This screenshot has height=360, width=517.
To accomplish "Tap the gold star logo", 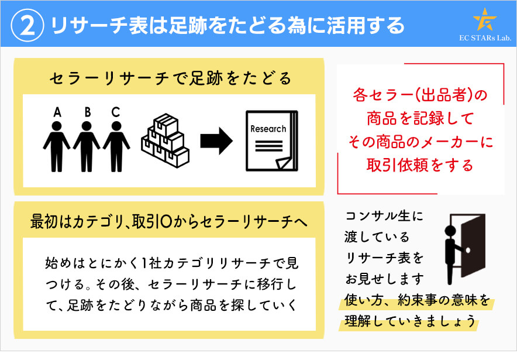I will (485, 20).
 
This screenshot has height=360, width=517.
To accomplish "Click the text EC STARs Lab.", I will (485, 39).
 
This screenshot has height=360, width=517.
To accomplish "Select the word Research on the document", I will (268, 129).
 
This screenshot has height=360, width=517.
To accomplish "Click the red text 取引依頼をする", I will (419, 164).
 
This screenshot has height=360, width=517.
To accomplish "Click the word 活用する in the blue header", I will (375, 25).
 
